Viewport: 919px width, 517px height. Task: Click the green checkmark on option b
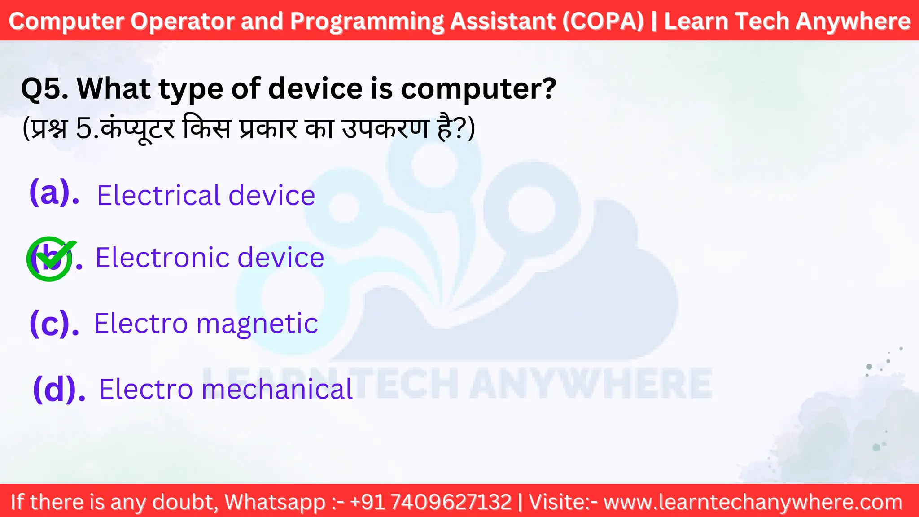(50, 258)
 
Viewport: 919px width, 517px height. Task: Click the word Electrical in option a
(159, 195)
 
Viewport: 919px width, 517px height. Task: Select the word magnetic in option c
(257, 324)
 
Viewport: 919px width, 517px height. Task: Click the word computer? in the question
(478, 89)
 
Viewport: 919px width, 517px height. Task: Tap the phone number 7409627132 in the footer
(451, 502)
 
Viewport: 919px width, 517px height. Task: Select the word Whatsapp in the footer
(275, 502)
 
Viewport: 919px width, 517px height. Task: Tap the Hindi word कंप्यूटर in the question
(137, 129)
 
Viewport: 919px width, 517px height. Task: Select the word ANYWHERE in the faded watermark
(591, 383)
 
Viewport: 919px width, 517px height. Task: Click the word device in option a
(272, 195)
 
